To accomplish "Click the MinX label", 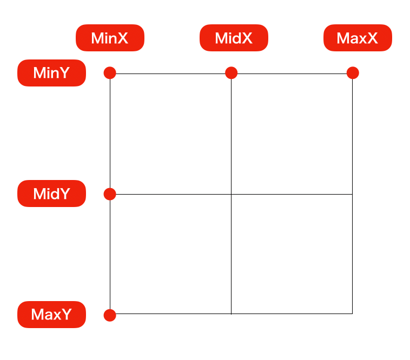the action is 110,38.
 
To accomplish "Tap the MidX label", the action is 234,38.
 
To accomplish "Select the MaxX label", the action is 358,38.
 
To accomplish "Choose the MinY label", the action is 51,73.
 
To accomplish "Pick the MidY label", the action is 51,194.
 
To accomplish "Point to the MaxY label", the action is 51,315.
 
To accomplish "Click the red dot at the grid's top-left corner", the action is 110,72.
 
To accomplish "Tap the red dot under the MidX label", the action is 231,72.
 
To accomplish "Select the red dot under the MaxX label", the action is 353,72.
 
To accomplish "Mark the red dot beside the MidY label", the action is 110,194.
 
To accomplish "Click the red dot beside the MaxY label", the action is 110,315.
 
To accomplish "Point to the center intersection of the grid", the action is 231,195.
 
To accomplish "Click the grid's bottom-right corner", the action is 353,314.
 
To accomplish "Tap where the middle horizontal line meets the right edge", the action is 353,195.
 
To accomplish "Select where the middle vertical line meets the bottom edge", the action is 231,314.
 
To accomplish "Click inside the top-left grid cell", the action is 170,134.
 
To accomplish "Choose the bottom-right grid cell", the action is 292,254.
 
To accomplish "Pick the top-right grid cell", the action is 292,134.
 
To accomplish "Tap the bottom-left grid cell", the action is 170,254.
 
